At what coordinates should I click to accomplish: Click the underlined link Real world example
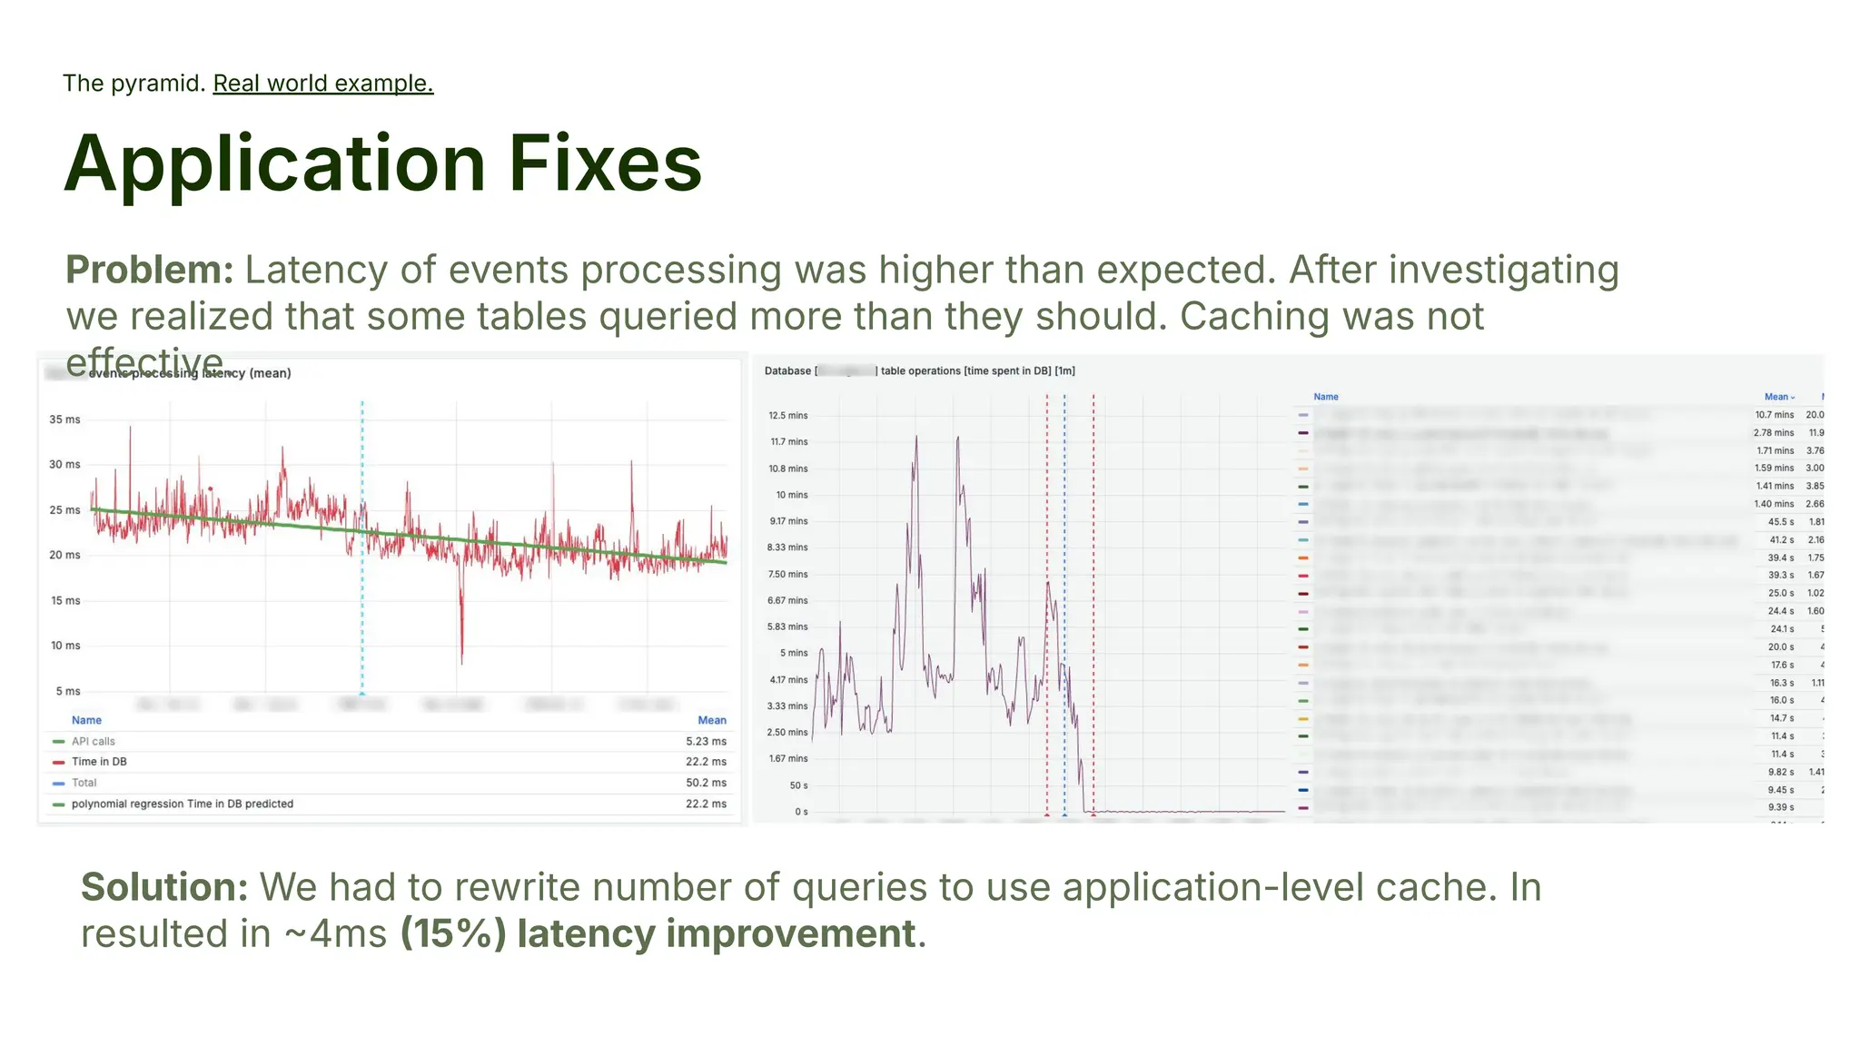[322, 84]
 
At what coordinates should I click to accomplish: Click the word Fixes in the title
[605, 164]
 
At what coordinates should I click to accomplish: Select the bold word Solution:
[164, 887]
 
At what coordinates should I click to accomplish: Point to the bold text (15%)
[453, 933]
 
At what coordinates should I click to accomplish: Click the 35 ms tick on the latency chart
[64, 419]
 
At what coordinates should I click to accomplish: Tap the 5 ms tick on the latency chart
[67, 691]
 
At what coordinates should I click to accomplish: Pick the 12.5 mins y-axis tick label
[787, 416]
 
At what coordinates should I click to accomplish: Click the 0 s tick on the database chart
[800, 812]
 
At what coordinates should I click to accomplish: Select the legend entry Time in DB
[99, 762]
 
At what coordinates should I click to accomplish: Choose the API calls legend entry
[93, 741]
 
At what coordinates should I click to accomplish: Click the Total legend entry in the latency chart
[84, 783]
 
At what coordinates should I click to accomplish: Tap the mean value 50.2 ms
[706, 783]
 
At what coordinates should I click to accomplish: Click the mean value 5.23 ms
[706, 741]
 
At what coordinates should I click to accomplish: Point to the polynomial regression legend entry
[182, 804]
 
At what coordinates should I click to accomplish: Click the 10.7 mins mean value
[1774, 415]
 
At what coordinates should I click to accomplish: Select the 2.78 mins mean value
[1773, 433]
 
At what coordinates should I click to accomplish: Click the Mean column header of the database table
[1777, 397]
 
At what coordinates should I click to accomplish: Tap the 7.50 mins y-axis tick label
[787, 575]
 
